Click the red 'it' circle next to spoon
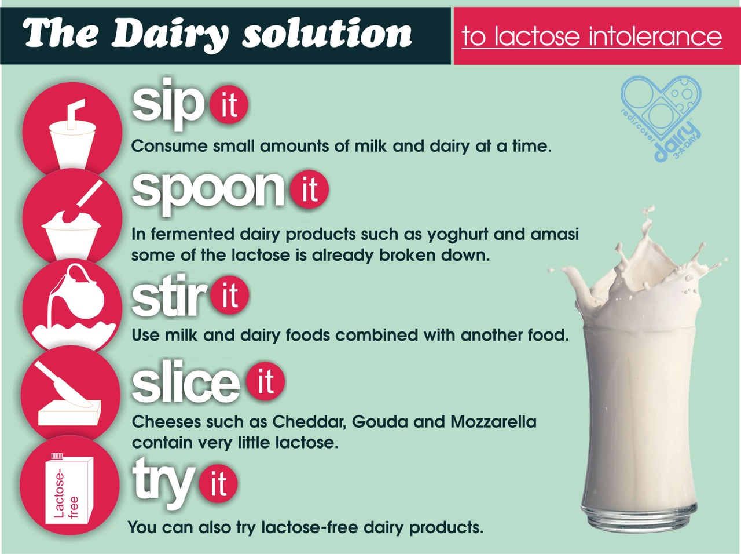click(309, 189)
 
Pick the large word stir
click(168, 297)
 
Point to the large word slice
click(185, 384)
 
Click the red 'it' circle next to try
click(218, 483)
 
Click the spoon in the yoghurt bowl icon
click(87, 198)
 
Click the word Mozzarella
click(493, 421)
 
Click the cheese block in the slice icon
click(69, 414)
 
